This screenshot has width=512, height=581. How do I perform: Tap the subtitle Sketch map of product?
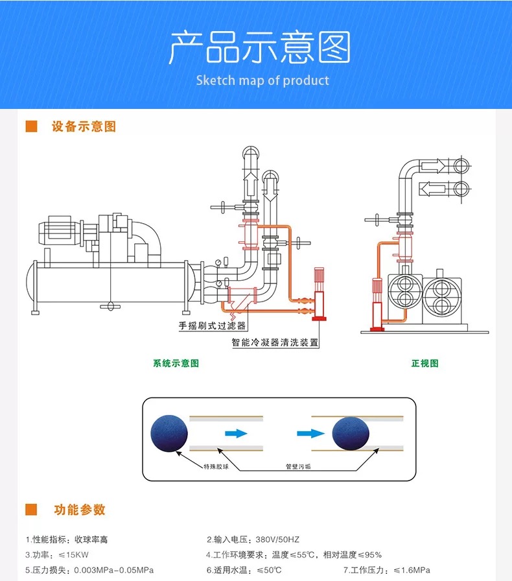[262, 80]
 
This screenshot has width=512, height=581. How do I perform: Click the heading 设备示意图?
[84, 126]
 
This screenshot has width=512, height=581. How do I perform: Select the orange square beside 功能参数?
[31, 510]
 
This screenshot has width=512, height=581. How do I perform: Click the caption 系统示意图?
[176, 363]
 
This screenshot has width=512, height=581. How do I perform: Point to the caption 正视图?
[425, 363]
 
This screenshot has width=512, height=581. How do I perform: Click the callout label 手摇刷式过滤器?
[213, 326]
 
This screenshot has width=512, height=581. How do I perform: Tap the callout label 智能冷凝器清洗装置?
[275, 342]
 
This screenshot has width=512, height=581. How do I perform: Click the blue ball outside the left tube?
[169, 433]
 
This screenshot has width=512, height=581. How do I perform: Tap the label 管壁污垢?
[298, 466]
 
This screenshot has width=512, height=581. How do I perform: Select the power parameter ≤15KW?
[76, 555]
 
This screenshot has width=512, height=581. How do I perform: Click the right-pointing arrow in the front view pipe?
[434, 166]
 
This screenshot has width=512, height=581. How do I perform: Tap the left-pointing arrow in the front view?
[434, 189]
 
